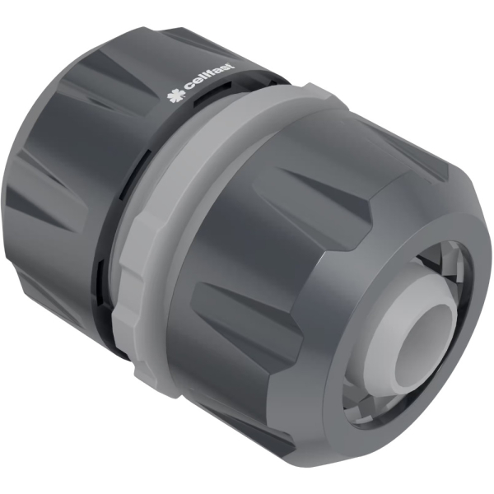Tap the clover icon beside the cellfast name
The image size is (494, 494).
tap(175, 98)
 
